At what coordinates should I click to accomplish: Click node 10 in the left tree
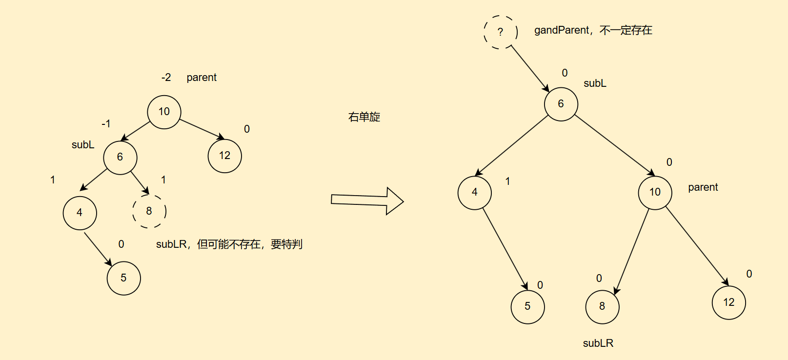[x=164, y=112]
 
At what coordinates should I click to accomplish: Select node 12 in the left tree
[x=224, y=156]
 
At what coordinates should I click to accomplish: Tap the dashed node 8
[x=149, y=211]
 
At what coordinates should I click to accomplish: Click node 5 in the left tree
[x=123, y=278]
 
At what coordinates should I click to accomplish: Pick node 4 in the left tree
[x=80, y=213]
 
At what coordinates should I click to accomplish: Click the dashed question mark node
[x=500, y=32]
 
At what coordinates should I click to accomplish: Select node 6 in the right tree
[x=561, y=104]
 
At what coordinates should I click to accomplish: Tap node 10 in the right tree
[x=655, y=193]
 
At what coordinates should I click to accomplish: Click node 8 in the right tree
[x=602, y=307]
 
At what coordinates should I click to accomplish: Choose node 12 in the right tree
[x=728, y=303]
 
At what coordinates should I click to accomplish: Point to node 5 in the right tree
[x=527, y=307]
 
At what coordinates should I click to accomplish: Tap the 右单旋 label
[x=364, y=117]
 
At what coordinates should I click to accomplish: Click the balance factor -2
[x=166, y=78]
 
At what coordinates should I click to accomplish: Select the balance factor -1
[x=106, y=124]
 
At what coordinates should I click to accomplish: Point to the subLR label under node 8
[x=598, y=343]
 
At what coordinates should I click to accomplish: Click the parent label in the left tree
[x=202, y=78]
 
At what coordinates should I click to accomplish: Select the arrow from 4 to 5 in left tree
[x=98, y=249]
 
